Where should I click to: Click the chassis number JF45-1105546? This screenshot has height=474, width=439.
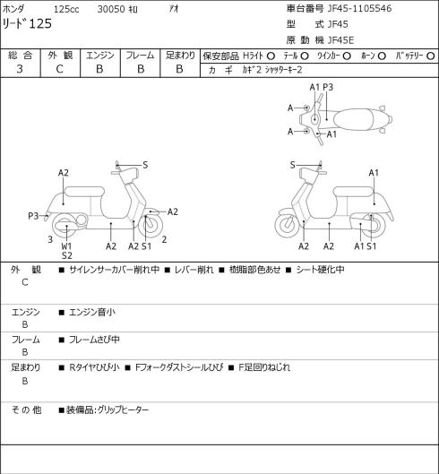(x=359, y=8)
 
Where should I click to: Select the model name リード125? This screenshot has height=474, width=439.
(x=27, y=24)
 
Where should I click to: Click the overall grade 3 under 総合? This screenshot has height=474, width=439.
(x=20, y=69)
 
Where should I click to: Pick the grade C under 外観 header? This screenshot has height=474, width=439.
(x=59, y=69)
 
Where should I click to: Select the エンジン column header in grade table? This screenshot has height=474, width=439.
(x=100, y=56)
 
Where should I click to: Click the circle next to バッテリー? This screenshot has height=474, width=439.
(x=430, y=56)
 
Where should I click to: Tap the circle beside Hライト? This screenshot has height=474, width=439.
(x=271, y=56)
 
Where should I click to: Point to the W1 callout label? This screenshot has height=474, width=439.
(x=66, y=246)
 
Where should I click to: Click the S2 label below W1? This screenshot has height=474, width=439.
(x=67, y=255)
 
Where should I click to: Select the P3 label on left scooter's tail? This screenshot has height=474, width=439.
(x=33, y=216)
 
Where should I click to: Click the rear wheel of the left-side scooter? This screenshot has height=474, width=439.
(x=66, y=226)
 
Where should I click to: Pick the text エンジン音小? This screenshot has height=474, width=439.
(x=92, y=312)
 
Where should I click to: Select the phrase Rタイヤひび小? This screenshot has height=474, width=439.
(x=94, y=367)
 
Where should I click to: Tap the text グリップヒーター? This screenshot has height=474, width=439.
(x=123, y=409)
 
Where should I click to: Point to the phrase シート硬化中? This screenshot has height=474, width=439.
(x=320, y=270)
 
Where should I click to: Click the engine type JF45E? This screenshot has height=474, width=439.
(x=340, y=40)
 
